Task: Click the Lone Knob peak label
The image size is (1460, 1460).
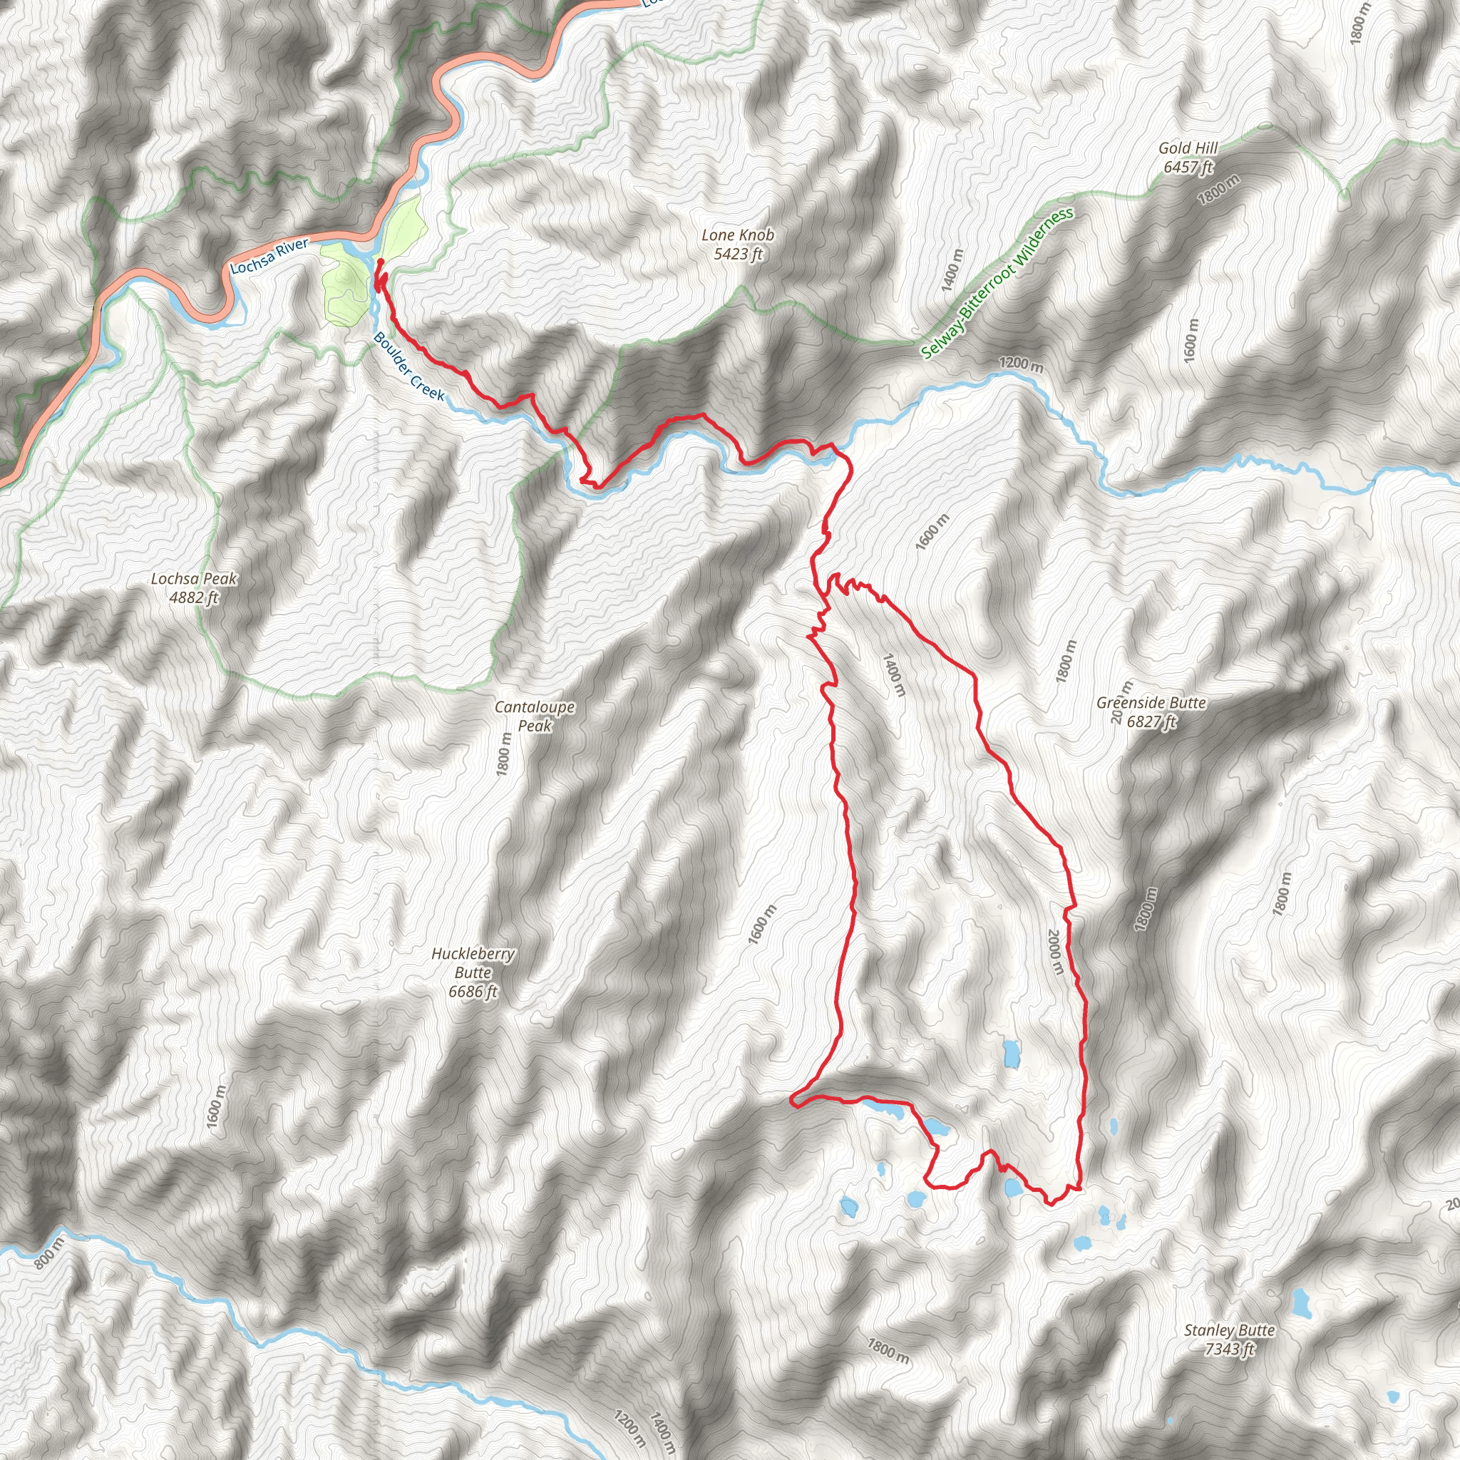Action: click(x=738, y=236)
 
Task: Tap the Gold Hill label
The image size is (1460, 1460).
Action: click(x=1188, y=149)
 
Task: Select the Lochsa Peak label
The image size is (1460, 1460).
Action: click(x=194, y=579)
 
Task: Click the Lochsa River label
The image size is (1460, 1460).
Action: click(x=269, y=257)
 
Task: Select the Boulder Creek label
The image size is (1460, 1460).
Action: click(x=408, y=366)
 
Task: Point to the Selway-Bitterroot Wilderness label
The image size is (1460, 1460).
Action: click(x=997, y=284)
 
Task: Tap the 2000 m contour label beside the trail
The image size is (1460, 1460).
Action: click(x=1056, y=951)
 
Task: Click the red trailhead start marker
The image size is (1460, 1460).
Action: click(x=380, y=262)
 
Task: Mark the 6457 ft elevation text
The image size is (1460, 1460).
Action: click(x=1188, y=167)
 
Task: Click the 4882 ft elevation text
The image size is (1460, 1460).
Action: click(x=194, y=597)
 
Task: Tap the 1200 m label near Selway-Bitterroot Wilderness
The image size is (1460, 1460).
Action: click(x=1021, y=364)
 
